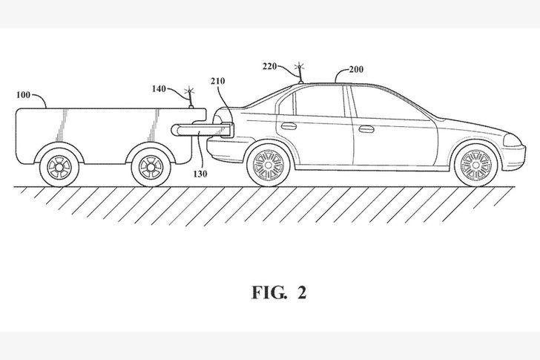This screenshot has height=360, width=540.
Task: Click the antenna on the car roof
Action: pyautogui.click(x=300, y=71)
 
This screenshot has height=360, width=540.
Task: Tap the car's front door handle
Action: pyautogui.click(x=366, y=128)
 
